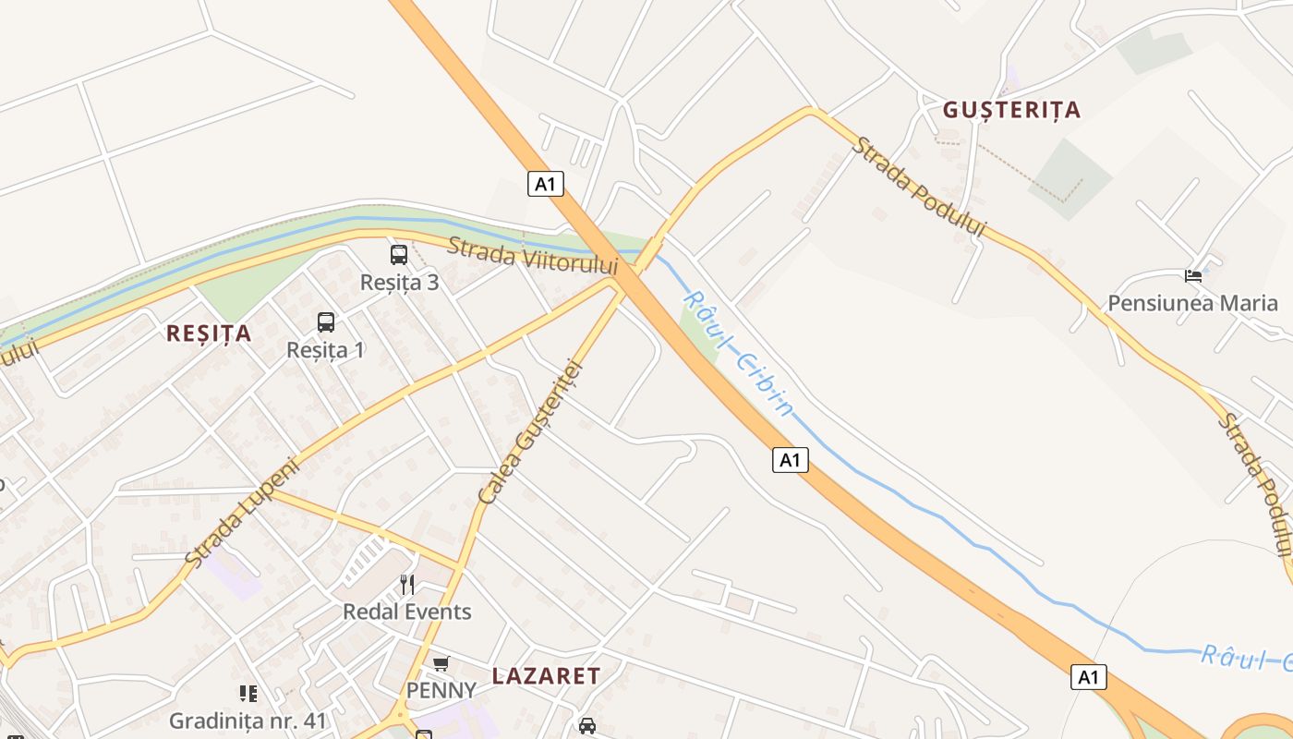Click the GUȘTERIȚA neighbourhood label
[1011, 110]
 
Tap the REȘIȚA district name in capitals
[209, 333]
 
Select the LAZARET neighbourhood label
[546, 676]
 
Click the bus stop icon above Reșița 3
[399, 255]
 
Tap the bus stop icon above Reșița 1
[326, 322]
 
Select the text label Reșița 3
[400, 283]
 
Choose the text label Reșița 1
[326, 350]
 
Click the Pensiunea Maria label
[1192, 303]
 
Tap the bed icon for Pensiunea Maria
[1193, 275]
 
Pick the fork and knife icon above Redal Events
[407, 584]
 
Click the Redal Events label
[407, 612]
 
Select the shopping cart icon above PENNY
[441, 664]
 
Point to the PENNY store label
[441, 690]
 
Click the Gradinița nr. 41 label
[248, 721]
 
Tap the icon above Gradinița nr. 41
[248, 693]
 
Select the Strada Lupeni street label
[243, 512]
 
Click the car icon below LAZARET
[587, 725]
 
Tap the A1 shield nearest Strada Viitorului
[546, 184]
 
